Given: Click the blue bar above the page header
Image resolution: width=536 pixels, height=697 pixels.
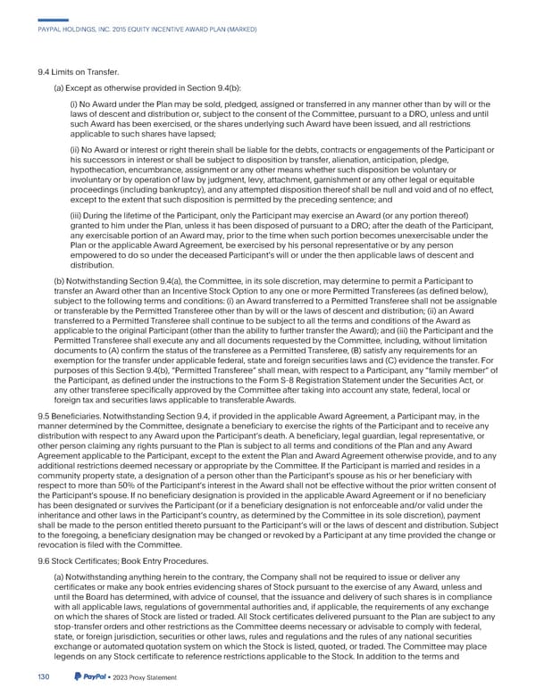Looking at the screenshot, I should coord(54,17).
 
